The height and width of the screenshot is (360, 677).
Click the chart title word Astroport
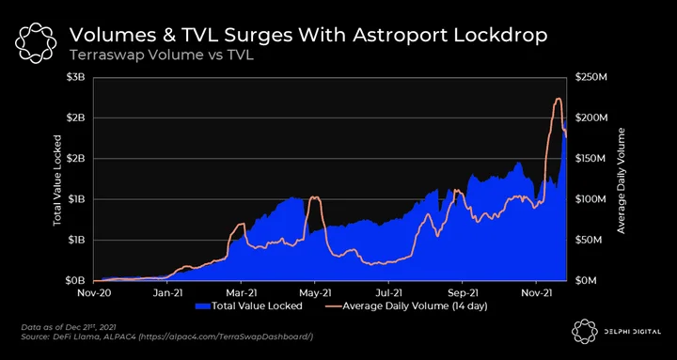coord(400,36)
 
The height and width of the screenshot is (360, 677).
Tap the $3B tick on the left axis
coord(75,78)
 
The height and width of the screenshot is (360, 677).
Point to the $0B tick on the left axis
coord(75,281)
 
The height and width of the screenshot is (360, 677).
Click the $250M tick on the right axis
coord(591,78)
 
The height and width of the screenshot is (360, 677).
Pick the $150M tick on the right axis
coord(591,159)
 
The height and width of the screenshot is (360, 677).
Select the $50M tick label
coord(589,240)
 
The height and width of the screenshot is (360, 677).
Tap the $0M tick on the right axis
coord(587,281)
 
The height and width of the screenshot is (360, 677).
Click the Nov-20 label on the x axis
coord(94,292)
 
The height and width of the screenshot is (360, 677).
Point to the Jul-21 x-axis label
coord(388,292)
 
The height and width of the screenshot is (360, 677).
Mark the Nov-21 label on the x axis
coord(536,292)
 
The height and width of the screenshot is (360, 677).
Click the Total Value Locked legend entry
coord(248,306)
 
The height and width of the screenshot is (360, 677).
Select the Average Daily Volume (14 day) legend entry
coord(406,306)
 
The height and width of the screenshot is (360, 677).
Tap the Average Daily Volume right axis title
coord(621,180)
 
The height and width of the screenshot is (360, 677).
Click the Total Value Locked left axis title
coord(57,180)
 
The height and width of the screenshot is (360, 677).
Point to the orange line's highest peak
coord(558,99)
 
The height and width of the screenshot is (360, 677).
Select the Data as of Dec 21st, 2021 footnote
coord(69,327)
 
